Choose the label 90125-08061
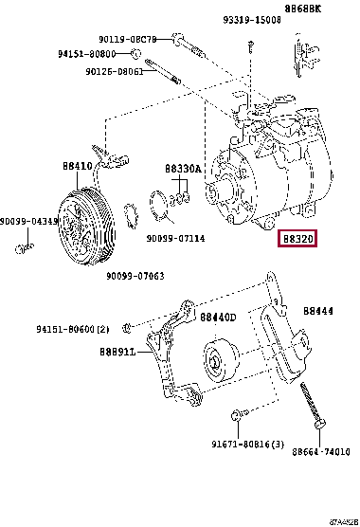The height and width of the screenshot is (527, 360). pyautogui.click(x=114, y=70)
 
